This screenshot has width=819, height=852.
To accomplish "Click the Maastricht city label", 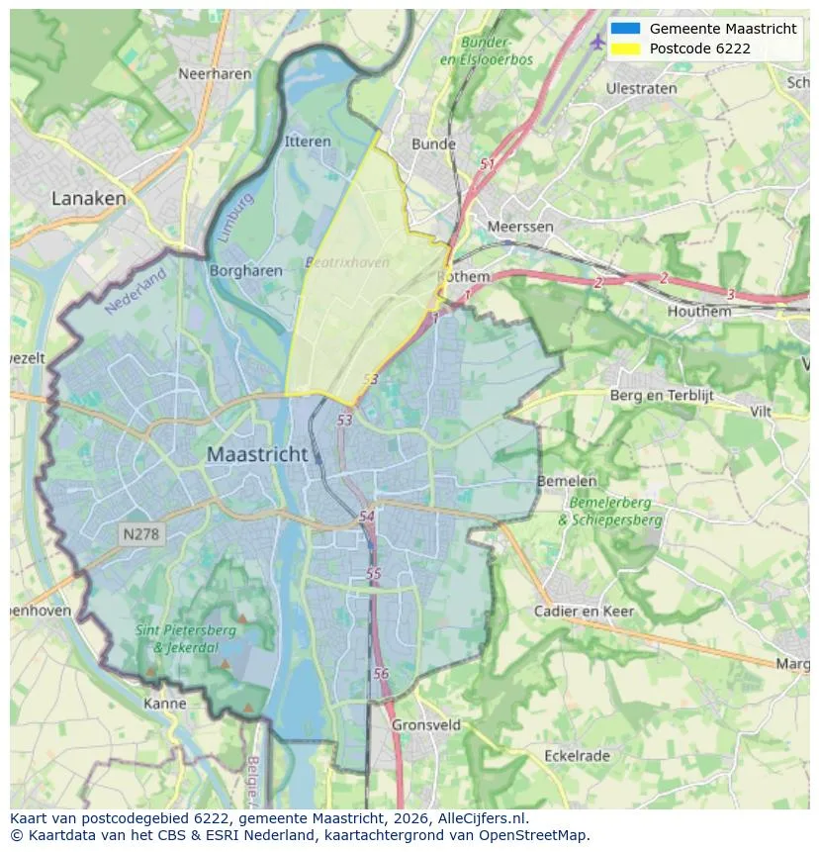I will coord(257,455).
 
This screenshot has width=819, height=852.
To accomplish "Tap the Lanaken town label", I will coord(89,198).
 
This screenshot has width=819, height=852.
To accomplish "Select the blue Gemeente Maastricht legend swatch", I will coord(625,29).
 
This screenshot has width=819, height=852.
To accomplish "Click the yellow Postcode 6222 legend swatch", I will coord(625,48).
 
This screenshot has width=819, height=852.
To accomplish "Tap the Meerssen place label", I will coord(520,227).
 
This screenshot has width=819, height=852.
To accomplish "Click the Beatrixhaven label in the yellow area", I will coord(346,262).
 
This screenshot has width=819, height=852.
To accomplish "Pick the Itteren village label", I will coord(308,142).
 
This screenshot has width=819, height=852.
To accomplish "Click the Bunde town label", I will coord(433,143).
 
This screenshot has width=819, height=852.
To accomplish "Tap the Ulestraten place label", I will coord(641,88).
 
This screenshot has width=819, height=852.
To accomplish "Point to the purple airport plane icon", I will coord(596,42).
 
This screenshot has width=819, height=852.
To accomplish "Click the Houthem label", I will coord(699,311).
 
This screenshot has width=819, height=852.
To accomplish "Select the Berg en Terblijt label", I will coord(662,395).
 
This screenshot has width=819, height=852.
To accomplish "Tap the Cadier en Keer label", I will coord(584,611).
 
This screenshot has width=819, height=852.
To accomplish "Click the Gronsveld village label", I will coord(426,724).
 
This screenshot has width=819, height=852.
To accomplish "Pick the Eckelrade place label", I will coord(577,755).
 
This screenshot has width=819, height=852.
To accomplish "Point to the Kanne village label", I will coord(164,704).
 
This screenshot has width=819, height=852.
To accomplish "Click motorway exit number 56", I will coord(381,673).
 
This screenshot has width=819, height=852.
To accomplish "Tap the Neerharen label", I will coord(217,73).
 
